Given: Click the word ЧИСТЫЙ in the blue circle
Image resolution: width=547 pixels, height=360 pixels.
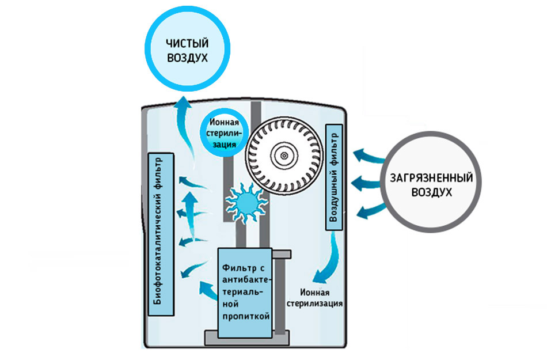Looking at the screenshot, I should [187, 44].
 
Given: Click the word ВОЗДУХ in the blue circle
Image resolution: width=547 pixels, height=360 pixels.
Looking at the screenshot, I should [187, 58].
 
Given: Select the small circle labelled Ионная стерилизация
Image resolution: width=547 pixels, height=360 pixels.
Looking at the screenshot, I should [225, 133].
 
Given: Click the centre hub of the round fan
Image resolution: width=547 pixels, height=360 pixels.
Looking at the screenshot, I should [283, 153].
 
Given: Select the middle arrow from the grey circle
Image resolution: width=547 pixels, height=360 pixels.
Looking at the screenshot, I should [366, 183].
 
